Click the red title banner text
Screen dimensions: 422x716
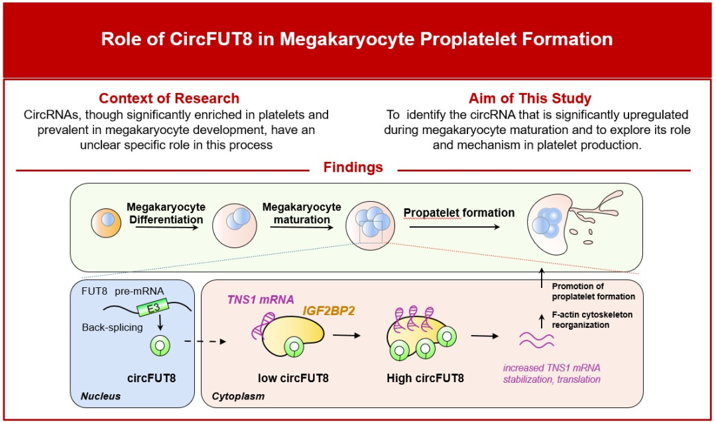coord(357,38)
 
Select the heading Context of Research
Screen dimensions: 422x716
coord(169,98)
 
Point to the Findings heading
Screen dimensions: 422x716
coord(353,167)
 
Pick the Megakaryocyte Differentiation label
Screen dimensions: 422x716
coord(166,213)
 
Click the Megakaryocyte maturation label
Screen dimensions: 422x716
coord(302,213)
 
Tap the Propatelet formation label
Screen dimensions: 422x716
coord(459,213)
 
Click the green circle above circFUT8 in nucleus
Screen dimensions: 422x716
coord(160,345)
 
